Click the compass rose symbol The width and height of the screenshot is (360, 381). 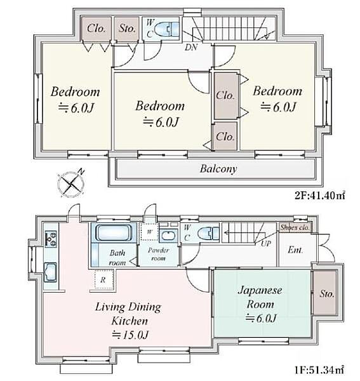pos(71,184)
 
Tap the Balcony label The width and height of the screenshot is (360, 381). pos(218,169)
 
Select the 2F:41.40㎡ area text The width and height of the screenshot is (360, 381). pos(319,195)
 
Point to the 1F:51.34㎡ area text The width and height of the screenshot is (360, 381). pos(319,370)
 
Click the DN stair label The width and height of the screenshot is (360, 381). pos(191,47)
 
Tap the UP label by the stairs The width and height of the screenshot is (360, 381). pos(266,243)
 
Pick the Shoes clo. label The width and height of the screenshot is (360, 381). pos(295,227)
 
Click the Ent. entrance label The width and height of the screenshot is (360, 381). pos(295,250)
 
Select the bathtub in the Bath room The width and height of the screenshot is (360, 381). pos(114,233)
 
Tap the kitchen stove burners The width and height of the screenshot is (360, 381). pos(51,239)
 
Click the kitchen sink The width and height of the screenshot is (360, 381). pos(51,272)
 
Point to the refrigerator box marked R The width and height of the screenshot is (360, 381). pos(103,279)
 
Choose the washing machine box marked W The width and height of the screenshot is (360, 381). pos(150,232)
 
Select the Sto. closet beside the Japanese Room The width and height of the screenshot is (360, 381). pos(326,293)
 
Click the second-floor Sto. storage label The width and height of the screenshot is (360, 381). pos(127,29)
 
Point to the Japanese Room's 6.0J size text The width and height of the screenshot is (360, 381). pos(261,318)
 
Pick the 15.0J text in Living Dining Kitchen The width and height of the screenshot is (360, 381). pos(130,335)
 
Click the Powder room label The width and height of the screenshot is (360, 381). pos(158,254)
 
